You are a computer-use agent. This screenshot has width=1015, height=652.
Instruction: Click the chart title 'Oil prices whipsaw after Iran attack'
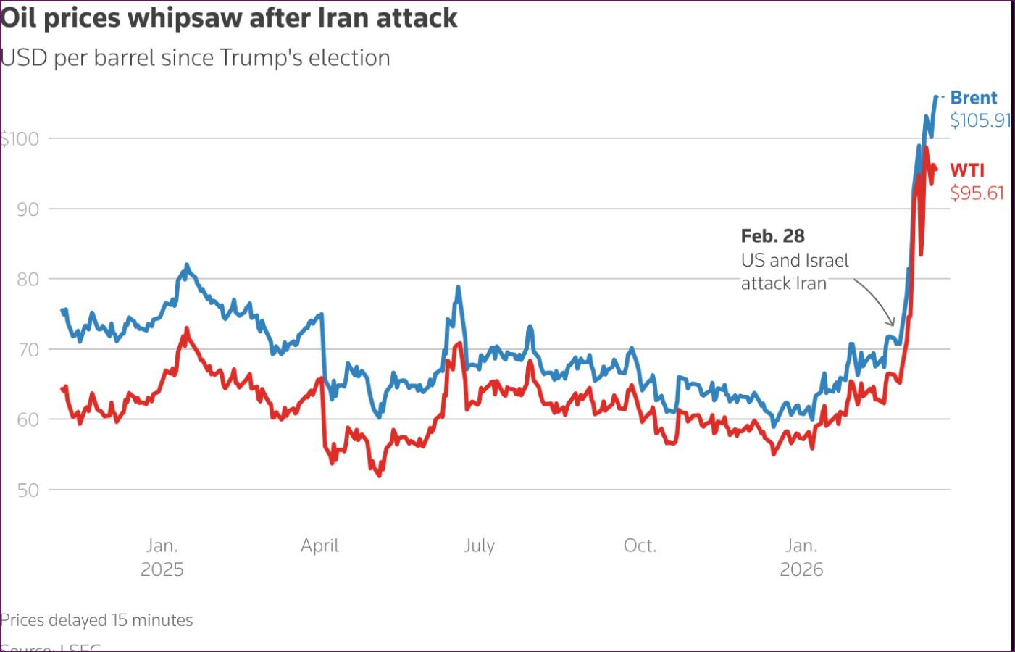[229, 18]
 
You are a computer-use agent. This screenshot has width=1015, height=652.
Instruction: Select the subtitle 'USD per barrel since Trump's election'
[196, 58]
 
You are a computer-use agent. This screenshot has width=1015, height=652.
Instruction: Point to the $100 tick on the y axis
[20, 138]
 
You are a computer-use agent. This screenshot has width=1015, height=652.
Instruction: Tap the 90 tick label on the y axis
[28, 209]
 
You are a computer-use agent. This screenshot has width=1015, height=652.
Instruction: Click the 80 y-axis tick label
[28, 280]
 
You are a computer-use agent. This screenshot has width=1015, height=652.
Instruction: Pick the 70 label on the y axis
[28, 350]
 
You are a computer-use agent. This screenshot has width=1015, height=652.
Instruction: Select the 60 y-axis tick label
[28, 420]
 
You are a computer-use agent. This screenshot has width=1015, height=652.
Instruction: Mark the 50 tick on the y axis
[28, 490]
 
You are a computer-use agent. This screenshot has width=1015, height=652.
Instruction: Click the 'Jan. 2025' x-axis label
[162, 557]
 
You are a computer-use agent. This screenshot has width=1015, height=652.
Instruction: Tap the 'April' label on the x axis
[319, 546]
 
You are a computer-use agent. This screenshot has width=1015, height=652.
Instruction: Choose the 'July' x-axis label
[479, 546]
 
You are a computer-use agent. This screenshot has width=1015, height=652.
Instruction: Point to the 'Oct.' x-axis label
[640, 546]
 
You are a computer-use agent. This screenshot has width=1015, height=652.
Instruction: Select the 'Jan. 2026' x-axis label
[801, 557]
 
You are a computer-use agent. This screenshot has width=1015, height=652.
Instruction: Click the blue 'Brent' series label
[973, 98]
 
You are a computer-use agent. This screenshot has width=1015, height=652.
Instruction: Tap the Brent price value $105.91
[980, 120]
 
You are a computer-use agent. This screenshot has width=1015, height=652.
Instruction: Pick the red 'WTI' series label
[967, 170]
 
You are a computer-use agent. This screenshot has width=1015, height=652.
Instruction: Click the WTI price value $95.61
[977, 193]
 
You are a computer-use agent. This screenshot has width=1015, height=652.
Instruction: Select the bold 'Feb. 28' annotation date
[772, 236]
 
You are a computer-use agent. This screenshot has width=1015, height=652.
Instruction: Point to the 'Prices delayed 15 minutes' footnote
[96, 620]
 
